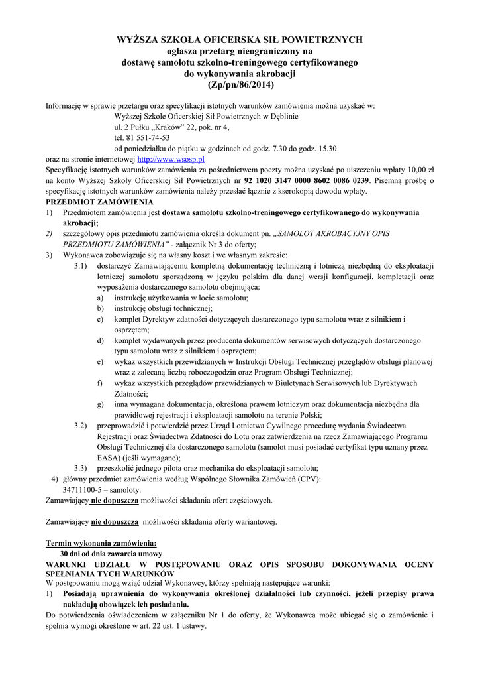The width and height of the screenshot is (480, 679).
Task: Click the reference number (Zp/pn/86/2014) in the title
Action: point(240,86)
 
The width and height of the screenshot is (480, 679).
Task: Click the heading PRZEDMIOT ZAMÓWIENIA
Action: point(99,202)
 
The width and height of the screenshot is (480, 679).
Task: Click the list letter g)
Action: point(100,404)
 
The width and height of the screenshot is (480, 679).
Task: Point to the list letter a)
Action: point(100,298)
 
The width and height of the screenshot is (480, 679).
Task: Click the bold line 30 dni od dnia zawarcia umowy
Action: point(111,553)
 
